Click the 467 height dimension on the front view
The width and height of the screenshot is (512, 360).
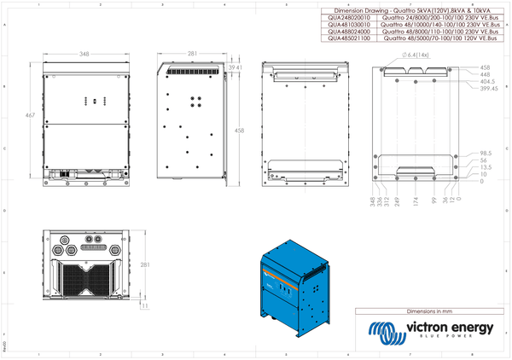(x=31, y=114)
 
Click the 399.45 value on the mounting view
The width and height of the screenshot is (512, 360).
(x=488, y=88)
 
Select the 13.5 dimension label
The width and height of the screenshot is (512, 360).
(x=485, y=168)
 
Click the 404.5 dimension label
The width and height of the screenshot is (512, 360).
(x=486, y=81)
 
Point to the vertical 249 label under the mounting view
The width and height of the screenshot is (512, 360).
(x=398, y=202)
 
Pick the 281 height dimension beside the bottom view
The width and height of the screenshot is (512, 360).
(x=145, y=264)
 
